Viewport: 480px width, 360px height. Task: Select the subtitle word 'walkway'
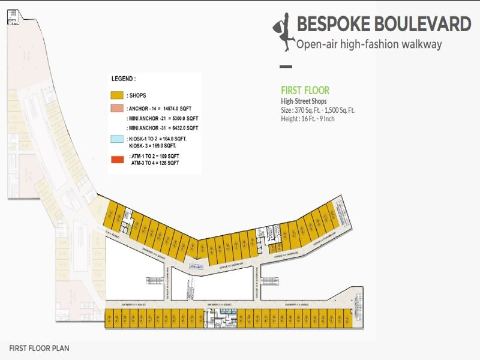coord(421,44)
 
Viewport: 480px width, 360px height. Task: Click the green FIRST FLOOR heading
coord(305,91)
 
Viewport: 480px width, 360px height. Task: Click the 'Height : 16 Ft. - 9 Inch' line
coord(307,119)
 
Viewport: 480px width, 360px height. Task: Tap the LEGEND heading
coord(124,79)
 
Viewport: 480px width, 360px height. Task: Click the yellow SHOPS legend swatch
coord(116,95)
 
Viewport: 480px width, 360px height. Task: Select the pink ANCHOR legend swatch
coord(116,109)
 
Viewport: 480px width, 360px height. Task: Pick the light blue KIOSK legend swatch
coord(116,139)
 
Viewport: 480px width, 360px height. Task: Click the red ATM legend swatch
coord(116,159)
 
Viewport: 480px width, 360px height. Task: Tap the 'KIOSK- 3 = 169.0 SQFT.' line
coord(152,145)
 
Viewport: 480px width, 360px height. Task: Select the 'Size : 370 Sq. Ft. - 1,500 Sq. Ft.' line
coord(318,110)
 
